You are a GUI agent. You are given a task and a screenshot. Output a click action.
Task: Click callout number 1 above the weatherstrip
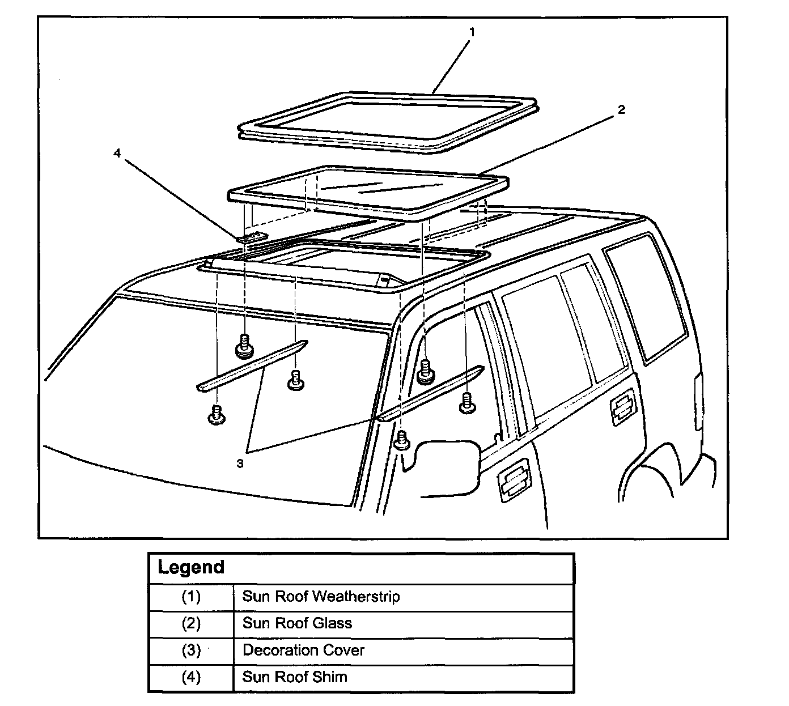point(472,32)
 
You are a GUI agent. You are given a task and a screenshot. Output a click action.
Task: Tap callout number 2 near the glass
point(621,109)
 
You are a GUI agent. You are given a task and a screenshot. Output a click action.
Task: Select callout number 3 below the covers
point(240,463)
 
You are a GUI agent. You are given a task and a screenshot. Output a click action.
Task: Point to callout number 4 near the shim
point(117,153)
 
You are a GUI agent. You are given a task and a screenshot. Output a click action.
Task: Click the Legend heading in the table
point(191,567)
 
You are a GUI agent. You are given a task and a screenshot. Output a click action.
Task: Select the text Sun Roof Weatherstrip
point(321,596)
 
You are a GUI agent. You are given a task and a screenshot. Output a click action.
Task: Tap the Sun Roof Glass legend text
point(297,623)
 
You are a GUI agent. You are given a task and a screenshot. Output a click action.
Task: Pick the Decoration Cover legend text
point(303,650)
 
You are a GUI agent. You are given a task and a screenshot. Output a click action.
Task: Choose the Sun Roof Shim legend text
point(294,677)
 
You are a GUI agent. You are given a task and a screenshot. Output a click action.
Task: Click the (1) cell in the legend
point(191,597)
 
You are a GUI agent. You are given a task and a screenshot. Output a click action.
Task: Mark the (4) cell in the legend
point(191,677)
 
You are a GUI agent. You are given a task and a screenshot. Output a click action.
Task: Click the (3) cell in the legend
point(191,650)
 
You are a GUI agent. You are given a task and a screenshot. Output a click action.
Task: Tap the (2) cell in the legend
point(191,623)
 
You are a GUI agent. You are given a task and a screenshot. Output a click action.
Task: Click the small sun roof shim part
point(253,237)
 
